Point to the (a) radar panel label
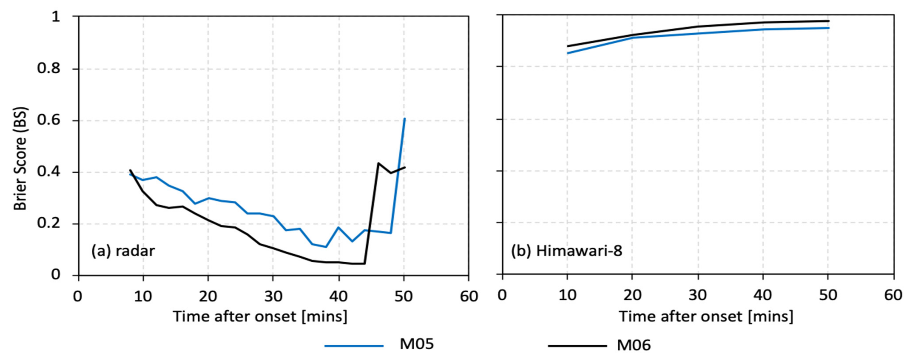(123, 251)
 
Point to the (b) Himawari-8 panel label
(567, 251)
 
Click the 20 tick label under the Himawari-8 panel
(632, 295)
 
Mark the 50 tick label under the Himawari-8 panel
(828, 295)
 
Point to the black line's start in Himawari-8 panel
(568, 46)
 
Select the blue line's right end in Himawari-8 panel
(828, 28)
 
